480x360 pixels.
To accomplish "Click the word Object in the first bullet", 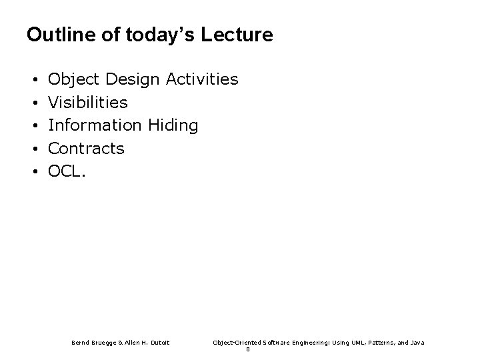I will click(x=73, y=80).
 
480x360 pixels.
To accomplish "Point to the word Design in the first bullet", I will click(x=132, y=80).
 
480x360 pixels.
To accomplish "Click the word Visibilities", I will click(x=88, y=103).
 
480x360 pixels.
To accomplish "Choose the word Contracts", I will click(x=87, y=148).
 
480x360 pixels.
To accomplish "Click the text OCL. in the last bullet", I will click(x=67, y=171).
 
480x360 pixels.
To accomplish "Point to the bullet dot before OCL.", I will click(x=34, y=171).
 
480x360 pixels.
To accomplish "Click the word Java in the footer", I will click(x=415, y=342).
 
